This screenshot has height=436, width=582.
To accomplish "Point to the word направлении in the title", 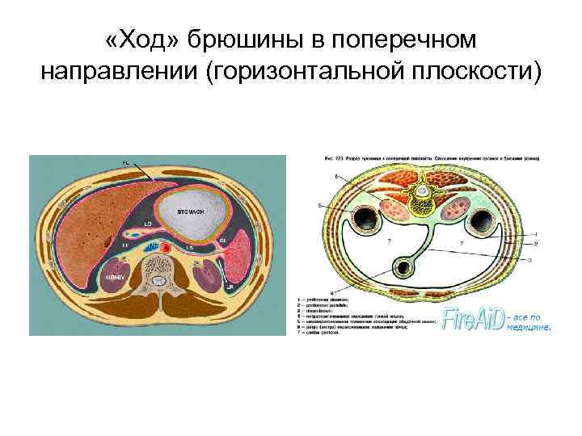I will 121,71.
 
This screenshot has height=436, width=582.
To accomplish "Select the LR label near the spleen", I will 230,287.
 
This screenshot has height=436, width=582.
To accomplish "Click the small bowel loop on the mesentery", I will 405,267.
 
